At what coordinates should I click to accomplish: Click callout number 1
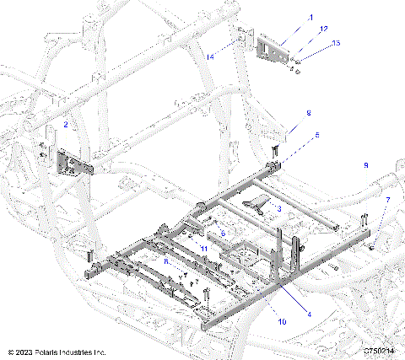click(x=286, y=17)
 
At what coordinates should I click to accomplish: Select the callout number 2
click(x=66, y=125)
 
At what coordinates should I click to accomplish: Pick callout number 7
click(x=387, y=200)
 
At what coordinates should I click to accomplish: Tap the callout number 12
click(x=300, y=30)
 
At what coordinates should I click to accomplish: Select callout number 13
click(x=313, y=43)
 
